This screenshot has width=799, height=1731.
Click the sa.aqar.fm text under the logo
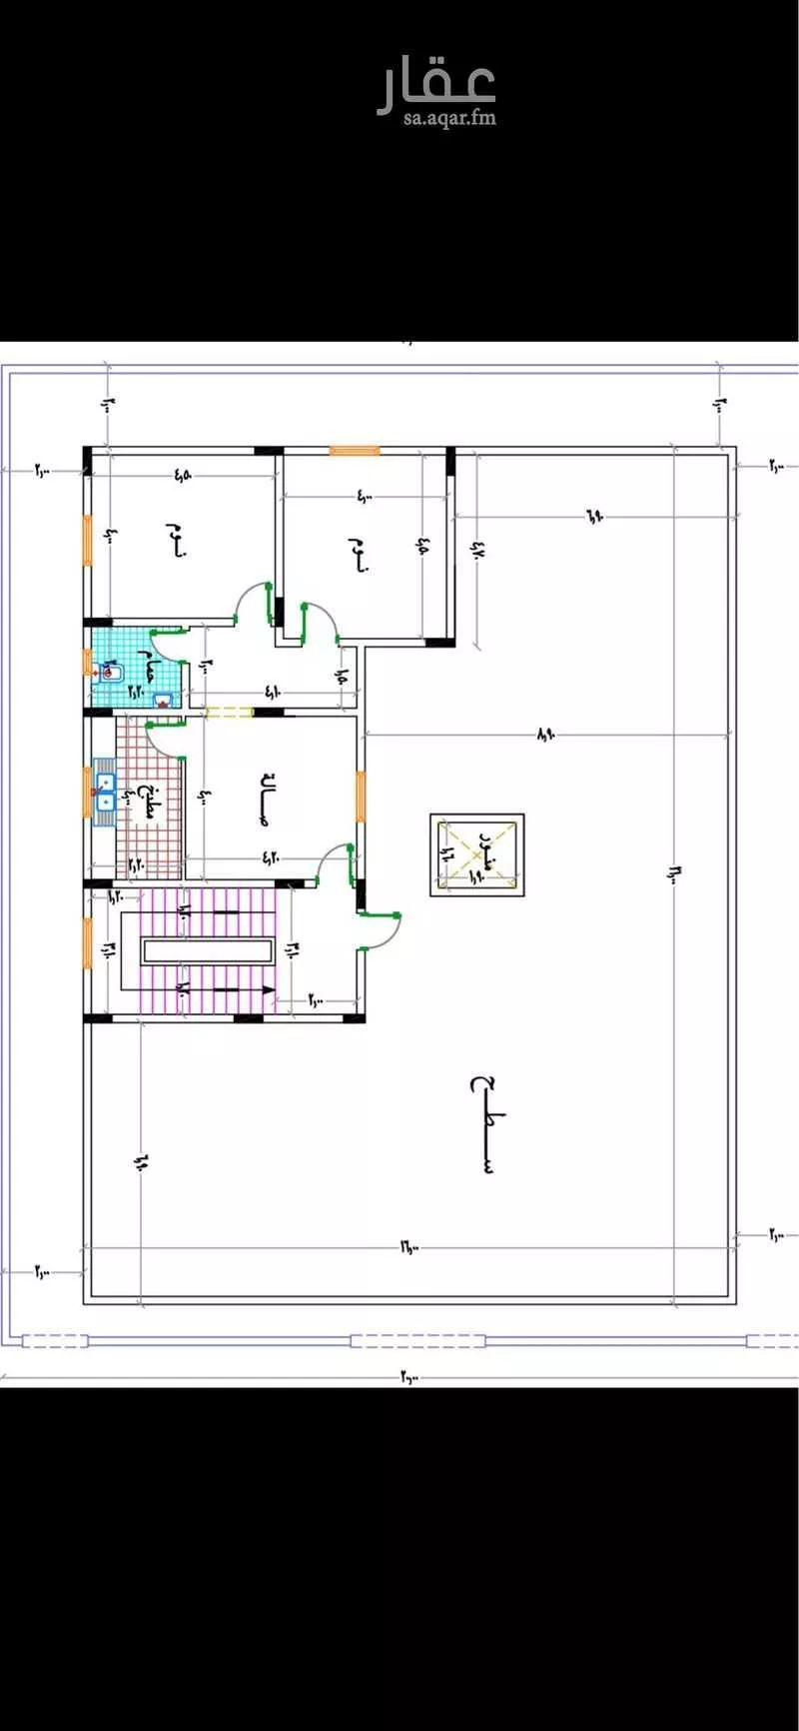(449, 118)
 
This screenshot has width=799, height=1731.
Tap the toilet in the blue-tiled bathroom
(109, 672)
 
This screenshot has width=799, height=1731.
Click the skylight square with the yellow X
(477, 855)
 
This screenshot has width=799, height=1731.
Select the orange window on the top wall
(355, 451)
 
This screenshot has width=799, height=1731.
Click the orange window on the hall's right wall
(362, 797)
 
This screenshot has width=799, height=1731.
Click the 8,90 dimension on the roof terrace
(545, 735)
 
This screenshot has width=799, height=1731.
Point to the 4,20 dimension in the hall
(272, 856)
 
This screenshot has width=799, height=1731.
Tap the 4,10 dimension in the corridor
(273, 691)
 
